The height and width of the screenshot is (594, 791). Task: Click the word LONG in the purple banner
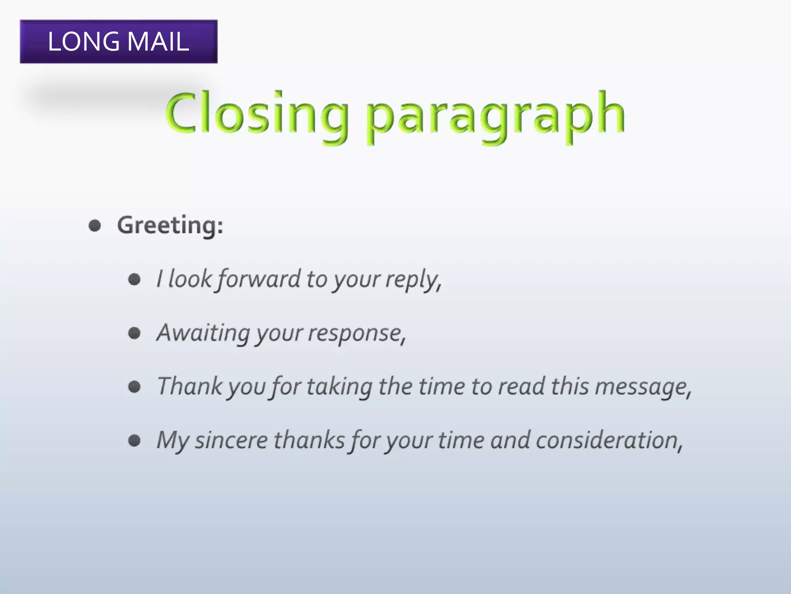[83, 41]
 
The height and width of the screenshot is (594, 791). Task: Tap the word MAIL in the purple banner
[158, 41]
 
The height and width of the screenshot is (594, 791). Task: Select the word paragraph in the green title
[495, 116]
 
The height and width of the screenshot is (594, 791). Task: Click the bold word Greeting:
[170, 225]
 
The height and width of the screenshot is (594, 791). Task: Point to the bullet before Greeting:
[95, 226]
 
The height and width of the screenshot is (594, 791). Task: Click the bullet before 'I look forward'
[134, 279]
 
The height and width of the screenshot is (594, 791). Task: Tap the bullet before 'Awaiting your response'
[134, 333]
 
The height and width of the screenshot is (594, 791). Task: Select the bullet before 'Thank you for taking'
[134, 386]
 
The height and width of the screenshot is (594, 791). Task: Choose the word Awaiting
[203, 333]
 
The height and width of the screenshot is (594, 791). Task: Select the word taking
[339, 387]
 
